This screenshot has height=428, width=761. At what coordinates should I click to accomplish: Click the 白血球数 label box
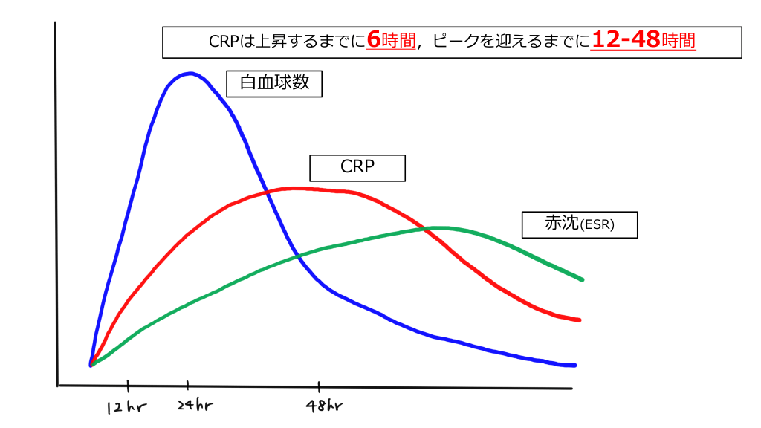click(275, 83)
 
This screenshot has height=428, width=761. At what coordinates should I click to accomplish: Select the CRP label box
click(357, 167)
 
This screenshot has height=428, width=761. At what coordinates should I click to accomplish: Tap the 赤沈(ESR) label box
click(580, 224)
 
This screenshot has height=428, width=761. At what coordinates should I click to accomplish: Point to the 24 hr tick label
click(194, 406)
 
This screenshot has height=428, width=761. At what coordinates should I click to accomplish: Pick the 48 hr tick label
click(325, 406)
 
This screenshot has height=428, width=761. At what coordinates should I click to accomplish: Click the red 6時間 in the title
click(391, 41)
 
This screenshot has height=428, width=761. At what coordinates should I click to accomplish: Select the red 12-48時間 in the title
click(644, 41)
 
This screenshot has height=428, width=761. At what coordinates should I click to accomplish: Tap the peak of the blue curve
click(191, 73)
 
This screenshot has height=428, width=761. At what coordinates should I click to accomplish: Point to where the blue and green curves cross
click(298, 256)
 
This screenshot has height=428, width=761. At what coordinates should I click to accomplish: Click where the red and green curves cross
click(427, 229)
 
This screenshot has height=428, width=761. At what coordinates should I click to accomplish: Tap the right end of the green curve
click(583, 279)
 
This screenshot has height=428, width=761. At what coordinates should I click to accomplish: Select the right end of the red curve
click(579, 320)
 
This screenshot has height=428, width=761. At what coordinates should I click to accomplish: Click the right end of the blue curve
click(575, 365)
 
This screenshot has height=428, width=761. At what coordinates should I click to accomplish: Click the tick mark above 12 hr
click(129, 386)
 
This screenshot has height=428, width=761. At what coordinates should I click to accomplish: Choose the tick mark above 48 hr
click(320, 386)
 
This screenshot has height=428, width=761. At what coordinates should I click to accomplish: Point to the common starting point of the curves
click(91, 365)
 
